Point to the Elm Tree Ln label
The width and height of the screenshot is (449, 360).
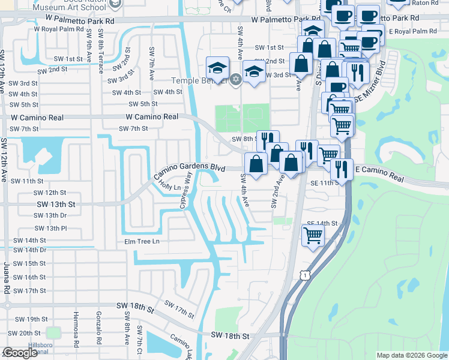point(142,242)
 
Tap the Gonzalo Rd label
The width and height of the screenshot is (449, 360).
point(100,327)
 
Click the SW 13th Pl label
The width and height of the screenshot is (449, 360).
point(50,229)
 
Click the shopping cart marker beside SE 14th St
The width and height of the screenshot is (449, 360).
point(313,235)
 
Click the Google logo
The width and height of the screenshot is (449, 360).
point(20,353)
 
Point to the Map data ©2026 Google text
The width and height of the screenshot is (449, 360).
point(411,355)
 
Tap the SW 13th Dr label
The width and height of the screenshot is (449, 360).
point(50,215)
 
